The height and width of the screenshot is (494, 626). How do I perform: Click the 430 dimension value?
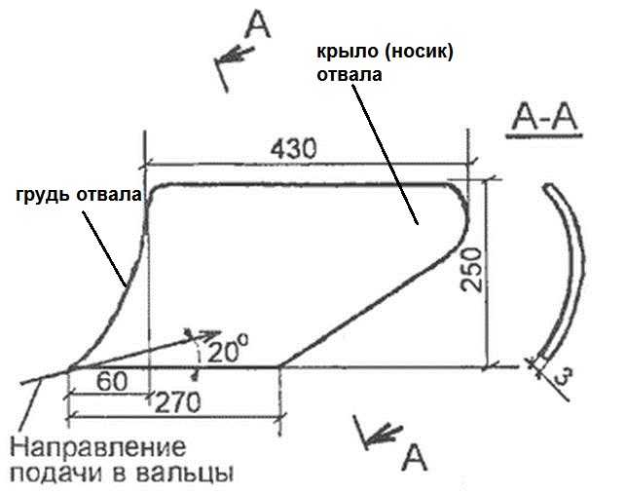pos(293,148)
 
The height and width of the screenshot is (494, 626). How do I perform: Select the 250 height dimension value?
pos(471,269)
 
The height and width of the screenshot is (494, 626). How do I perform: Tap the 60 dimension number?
pos(112,381)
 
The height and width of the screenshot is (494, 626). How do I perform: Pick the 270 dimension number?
pos(177,402)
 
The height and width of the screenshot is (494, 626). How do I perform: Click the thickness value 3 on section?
pos(564,376)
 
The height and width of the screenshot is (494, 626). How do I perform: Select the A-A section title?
pos(545,118)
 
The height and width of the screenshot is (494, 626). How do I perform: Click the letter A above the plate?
pos(258,24)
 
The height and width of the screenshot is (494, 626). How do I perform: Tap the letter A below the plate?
pos(414,458)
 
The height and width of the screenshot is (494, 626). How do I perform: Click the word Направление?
pos(97,447)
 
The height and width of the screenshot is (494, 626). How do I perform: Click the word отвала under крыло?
pos(350,75)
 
